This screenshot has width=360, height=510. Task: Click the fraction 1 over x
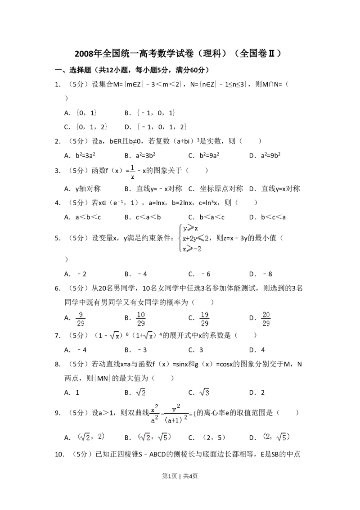(132, 172)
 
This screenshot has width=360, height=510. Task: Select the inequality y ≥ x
(190, 229)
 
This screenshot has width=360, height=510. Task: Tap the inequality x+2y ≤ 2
(194, 239)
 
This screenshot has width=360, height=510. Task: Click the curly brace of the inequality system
(180, 239)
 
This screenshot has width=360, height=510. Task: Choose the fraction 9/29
(80, 319)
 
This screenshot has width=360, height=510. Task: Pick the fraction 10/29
(141, 319)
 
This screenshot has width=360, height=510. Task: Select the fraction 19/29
(205, 319)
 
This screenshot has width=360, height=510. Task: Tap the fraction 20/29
(266, 319)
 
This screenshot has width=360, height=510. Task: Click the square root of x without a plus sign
(116, 335)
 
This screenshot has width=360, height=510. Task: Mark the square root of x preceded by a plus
(148, 335)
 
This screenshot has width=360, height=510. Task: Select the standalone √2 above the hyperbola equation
(140, 393)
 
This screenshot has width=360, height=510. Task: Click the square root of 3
(205, 393)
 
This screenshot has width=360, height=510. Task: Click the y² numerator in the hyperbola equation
(176, 407)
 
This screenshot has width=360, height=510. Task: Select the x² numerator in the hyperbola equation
(154, 409)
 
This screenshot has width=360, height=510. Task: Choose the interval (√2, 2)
(90, 437)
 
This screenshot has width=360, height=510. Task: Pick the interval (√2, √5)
(153, 437)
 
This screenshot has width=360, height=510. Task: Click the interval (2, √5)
(275, 437)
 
